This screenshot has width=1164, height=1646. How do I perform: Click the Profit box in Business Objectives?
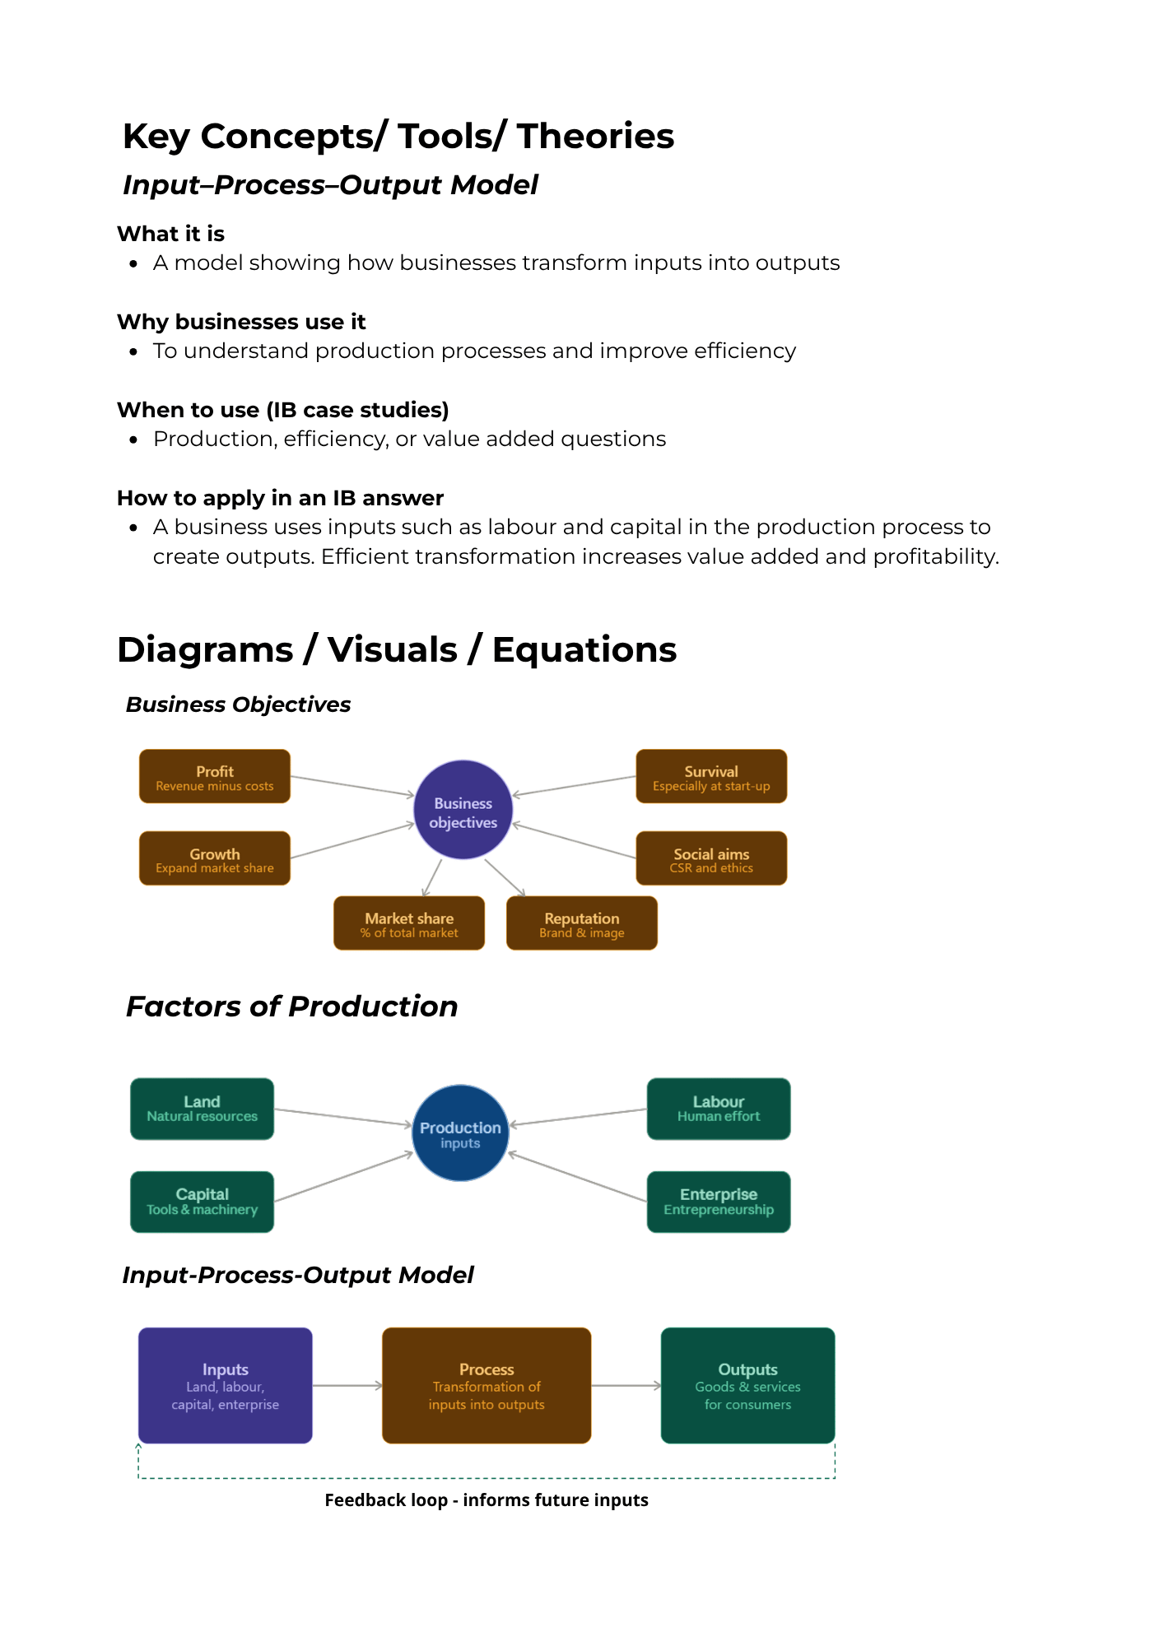click(215, 777)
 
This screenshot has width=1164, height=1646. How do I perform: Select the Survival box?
click(711, 777)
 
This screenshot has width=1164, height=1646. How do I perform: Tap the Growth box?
click(215, 858)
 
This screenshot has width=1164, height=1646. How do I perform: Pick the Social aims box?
click(711, 858)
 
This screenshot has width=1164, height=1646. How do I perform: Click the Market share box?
click(409, 923)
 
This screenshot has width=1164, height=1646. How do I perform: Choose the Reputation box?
click(582, 923)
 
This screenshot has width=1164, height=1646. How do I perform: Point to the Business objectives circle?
click(463, 811)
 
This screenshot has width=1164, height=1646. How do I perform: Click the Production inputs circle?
click(460, 1133)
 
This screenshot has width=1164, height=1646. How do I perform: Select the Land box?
click(202, 1109)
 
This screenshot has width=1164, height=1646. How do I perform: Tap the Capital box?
click(202, 1202)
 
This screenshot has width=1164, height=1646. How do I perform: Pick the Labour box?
click(719, 1109)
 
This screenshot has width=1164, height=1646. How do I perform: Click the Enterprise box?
click(719, 1202)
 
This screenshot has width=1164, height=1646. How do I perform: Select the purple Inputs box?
click(225, 1385)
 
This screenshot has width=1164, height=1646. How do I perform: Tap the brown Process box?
click(487, 1385)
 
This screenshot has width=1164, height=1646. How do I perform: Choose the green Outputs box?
click(747, 1385)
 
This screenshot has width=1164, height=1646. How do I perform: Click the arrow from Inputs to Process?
click(347, 1386)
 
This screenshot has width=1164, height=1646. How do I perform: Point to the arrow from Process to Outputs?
click(626, 1386)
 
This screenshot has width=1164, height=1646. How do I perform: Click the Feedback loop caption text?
click(487, 1500)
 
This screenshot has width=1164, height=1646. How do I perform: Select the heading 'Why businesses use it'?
click(241, 322)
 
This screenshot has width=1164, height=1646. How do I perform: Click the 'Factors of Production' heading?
click(291, 1007)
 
